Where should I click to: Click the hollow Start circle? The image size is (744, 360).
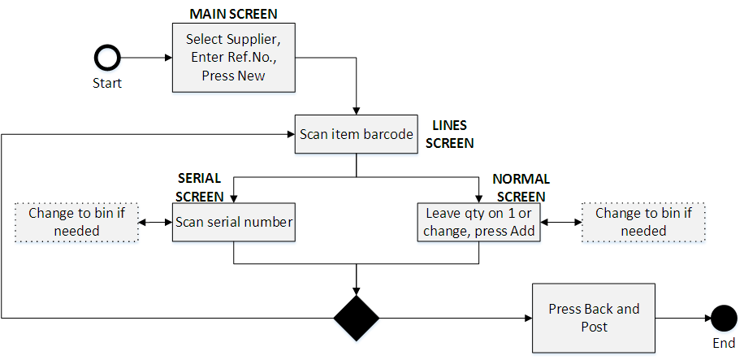click(107, 58)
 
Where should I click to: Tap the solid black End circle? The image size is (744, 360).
click(723, 317)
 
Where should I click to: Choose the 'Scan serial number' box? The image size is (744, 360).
click(233, 222)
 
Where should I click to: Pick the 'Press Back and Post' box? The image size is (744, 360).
click(594, 317)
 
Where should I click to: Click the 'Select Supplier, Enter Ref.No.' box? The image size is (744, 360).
click(233, 58)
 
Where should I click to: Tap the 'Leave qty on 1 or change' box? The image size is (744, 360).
click(478, 222)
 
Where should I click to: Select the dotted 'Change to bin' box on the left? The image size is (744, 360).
click(76, 222)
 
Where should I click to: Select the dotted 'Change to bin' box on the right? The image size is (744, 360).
click(642, 222)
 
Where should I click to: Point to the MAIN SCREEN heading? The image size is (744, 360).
click(233, 14)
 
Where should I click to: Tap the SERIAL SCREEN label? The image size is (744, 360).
click(200, 187)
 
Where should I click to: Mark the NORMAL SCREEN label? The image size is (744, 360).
click(521, 187)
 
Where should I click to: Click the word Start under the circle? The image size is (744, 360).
click(107, 83)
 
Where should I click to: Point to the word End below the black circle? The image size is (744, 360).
click(723, 343)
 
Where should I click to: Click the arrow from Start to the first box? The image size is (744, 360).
click(146, 58)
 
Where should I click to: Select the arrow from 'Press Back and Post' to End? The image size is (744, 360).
click(682, 317)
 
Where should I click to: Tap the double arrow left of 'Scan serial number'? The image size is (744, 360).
click(154, 222)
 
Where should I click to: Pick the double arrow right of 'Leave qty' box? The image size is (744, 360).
click(560, 222)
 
